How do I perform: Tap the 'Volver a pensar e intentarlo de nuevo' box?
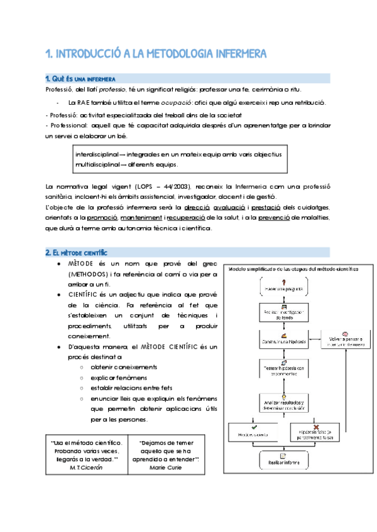(345, 342)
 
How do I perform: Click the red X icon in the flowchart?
(315, 425)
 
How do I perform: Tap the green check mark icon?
(253, 425)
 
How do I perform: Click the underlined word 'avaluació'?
(230, 207)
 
